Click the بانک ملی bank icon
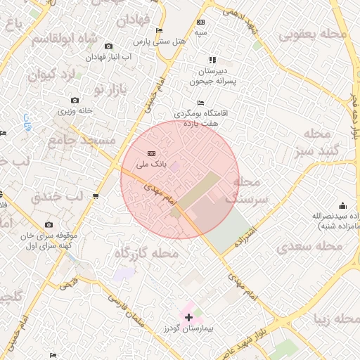pyautogui.click(x=150, y=154)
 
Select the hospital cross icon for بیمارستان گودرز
pyautogui.click(x=188, y=318)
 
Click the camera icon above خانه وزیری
pyautogui.click(x=75, y=101)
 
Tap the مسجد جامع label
pyautogui.click(x=81, y=141)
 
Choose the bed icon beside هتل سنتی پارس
pyautogui.click(x=159, y=31)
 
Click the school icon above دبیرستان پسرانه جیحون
pyautogui.click(x=213, y=60)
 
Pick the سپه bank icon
pyautogui.click(x=201, y=22)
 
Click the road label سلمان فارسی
pyautogui.click(x=128, y=311)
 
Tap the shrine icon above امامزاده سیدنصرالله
pyautogui.click(x=342, y=205)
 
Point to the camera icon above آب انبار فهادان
pyautogui.click(x=108, y=46)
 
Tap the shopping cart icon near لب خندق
pyautogui.click(x=96, y=195)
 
